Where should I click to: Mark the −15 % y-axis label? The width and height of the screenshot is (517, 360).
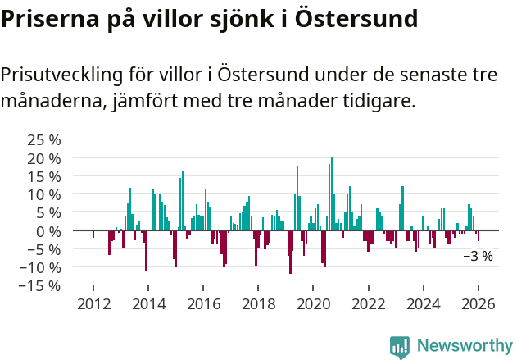(41, 285)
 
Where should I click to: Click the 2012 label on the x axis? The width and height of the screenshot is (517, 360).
(93, 304)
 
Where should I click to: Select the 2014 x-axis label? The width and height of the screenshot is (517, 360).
(148, 304)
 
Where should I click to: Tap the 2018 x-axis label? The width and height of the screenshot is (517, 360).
(258, 304)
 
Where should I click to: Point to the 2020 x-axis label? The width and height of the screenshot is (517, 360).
(313, 304)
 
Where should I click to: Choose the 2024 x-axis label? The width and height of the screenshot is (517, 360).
(424, 304)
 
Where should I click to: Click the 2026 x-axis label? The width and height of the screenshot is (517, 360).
(478, 304)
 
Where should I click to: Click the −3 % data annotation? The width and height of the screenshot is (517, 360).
(478, 256)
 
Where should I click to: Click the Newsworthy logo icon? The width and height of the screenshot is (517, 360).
(400, 347)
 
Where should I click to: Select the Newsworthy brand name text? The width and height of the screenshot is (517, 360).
(464, 346)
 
